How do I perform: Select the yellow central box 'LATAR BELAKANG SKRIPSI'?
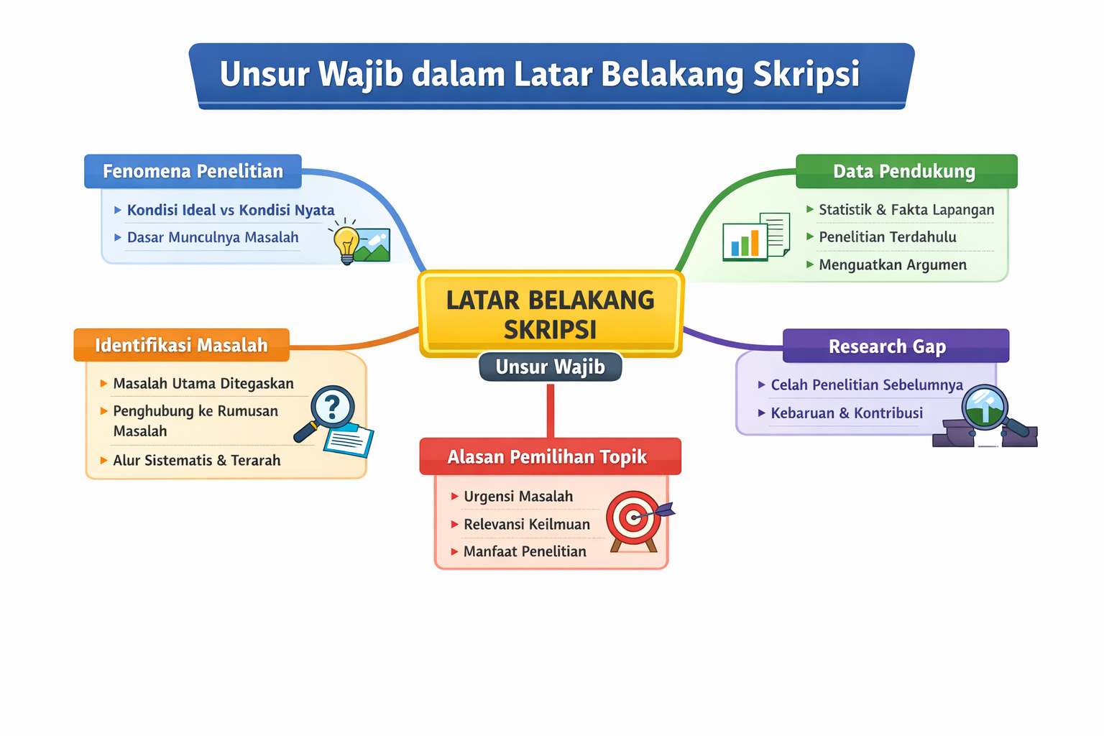(551, 313)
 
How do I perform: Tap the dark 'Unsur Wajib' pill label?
(551, 367)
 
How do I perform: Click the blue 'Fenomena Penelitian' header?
(193, 171)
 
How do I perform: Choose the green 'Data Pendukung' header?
(906, 171)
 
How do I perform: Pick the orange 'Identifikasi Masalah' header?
(181, 345)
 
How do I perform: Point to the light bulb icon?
(346, 241)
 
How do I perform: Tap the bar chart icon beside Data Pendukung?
(745, 241)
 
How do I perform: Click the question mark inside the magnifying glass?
(332, 407)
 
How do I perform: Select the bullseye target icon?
(633, 517)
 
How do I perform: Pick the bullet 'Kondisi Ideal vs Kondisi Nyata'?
(230, 210)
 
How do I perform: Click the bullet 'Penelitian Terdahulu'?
(888, 237)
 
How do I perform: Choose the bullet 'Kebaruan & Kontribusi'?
(847, 413)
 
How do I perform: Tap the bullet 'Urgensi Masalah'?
(518, 497)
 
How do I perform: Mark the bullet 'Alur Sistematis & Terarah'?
(196, 461)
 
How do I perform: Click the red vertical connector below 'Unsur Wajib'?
(551, 410)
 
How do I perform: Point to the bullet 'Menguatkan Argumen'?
(893, 265)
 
